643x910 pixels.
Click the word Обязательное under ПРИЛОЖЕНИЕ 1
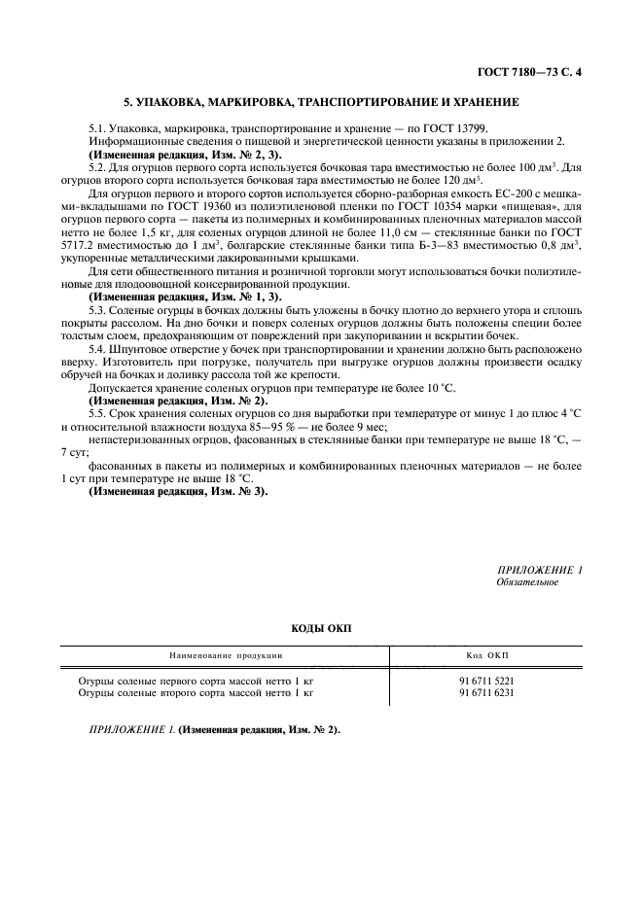(x=527, y=582)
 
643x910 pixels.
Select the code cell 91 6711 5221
(x=486, y=682)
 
